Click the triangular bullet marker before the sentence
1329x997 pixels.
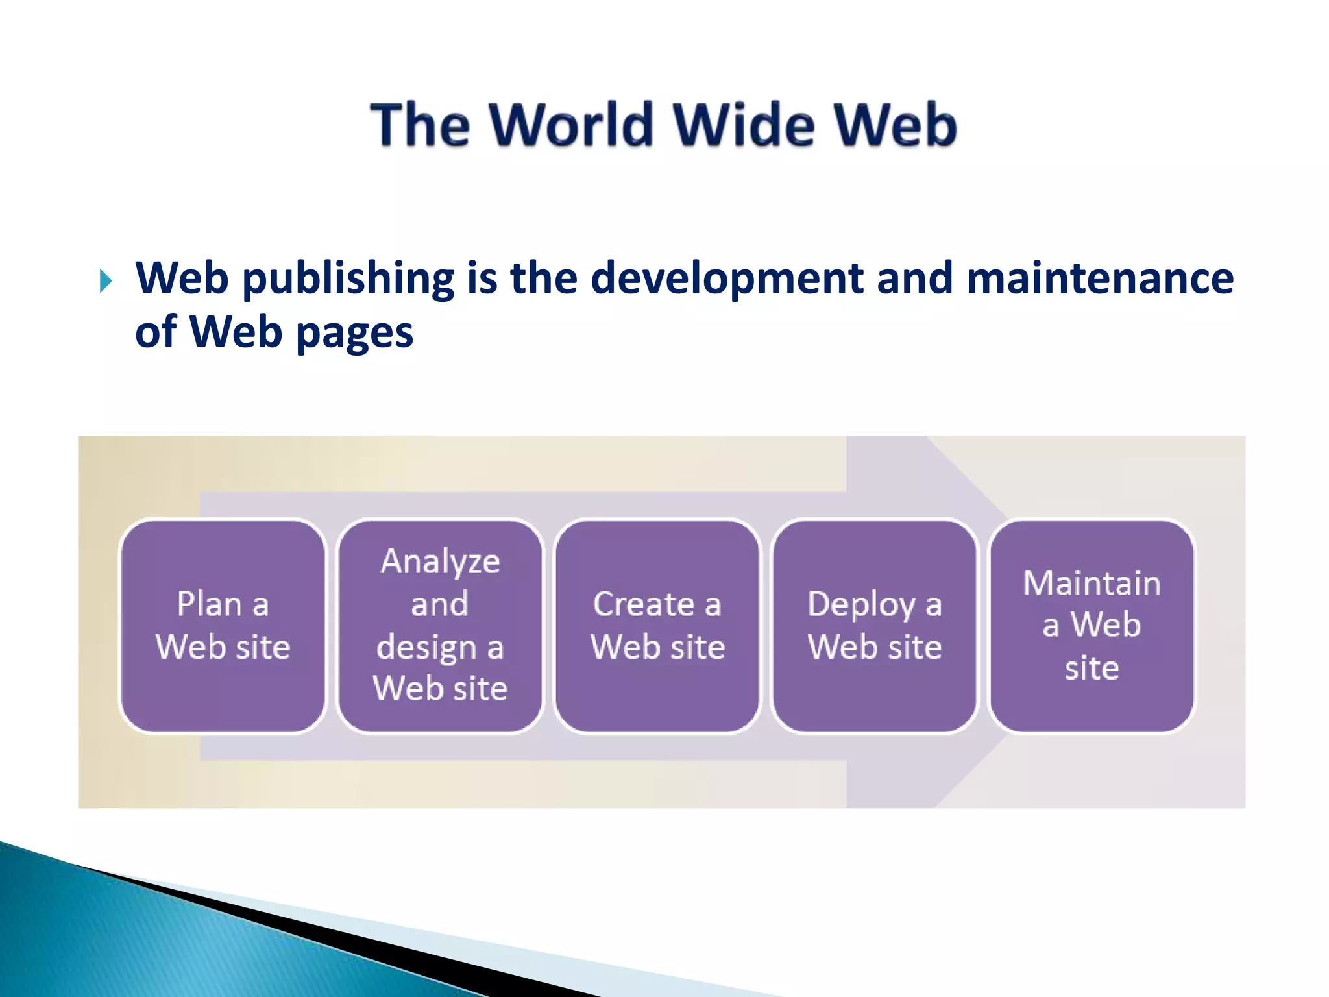(x=106, y=282)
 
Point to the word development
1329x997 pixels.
(x=727, y=280)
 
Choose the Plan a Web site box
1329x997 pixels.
(x=223, y=626)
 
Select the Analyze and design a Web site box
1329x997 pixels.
(x=440, y=626)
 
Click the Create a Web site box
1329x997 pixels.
(x=657, y=626)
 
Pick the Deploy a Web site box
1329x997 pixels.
(x=875, y=626)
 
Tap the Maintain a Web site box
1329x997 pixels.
(x=1091, y=626)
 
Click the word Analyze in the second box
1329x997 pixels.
(x=440, y=562)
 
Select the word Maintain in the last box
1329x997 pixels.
(x=1091, y=583)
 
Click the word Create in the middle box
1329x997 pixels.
(x=644, y=604)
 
